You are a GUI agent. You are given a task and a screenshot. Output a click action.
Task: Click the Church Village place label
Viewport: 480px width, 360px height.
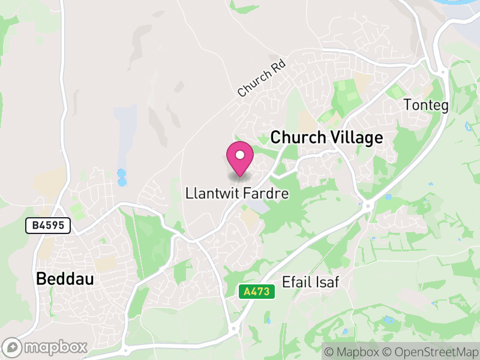point(326,137)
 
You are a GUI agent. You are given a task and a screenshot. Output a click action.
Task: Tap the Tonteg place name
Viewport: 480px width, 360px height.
point(426,104)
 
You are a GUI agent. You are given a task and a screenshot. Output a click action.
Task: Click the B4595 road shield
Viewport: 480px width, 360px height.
point(48,226)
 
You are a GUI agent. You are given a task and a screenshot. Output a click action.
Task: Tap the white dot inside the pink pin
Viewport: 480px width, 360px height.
point(240,155)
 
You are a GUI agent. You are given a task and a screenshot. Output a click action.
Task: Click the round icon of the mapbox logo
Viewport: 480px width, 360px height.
point(13,347)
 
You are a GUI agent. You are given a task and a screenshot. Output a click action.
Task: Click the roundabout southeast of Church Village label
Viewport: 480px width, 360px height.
point(366,206)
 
